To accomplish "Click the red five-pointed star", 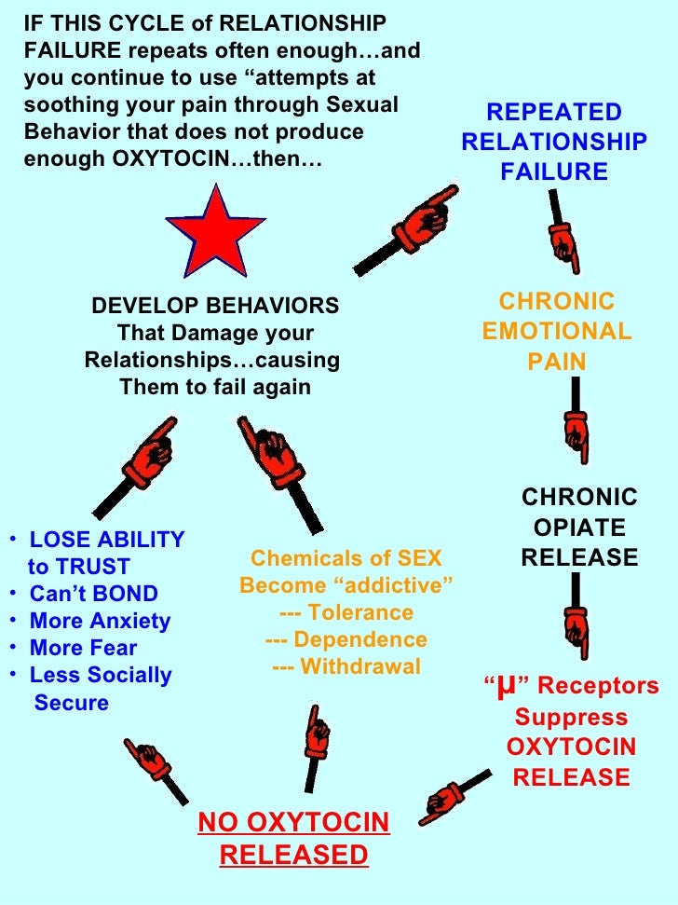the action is [x=216, y=229].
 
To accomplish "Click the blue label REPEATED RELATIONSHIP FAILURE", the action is [x=554, y=143].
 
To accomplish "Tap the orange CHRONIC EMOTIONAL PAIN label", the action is [x=557, y=331].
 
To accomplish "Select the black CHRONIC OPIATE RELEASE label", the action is [x=579, y=528].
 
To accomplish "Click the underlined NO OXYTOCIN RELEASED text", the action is [x=294, y=838].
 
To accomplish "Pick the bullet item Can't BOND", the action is [x=93, y=594].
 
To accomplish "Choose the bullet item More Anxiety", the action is [x=100, y=621].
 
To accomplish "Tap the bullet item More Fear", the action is [x=83, y=648].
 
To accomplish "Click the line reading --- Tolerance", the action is [x=346, y=612].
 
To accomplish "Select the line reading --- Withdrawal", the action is [x=346, y=666].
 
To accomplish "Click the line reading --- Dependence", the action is [x=346, y=639].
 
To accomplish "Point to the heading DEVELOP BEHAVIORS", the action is [x=215, y=306].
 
